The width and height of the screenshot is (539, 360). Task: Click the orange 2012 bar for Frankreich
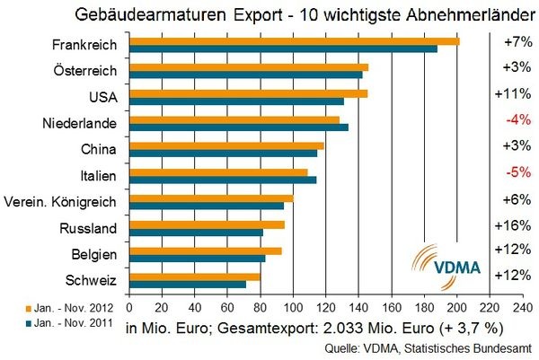click(x=295, y=41)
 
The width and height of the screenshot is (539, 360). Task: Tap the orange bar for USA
click(x=249, y=93)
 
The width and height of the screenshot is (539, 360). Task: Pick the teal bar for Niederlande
click(x=239, y=127)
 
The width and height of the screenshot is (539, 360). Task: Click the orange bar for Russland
click(x=208, y=224)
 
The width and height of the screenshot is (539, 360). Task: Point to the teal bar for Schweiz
click(x=187, y=285)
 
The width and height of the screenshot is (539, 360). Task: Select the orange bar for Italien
click(x=219, y=171)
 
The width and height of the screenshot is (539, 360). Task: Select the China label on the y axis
click(x=101, y=148)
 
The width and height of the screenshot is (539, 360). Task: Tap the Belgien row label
click(x=95, y=254)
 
